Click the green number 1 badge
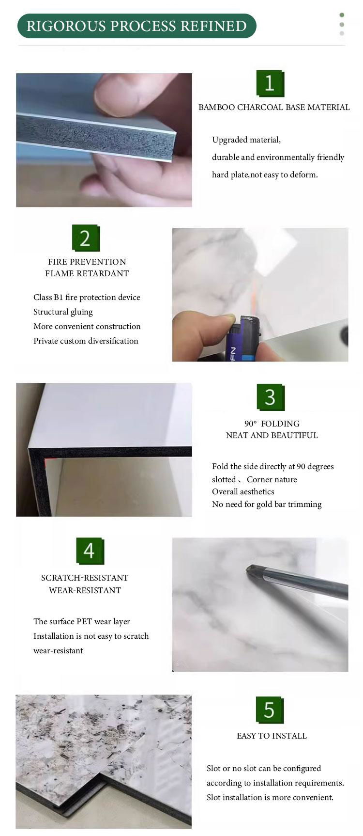tap(270, 84)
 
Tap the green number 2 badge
tap(85, 238)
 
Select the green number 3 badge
tap(270, 397)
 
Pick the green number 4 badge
tap(90, 551)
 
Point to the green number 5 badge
tap(269, 710)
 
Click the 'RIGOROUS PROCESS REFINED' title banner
tap(136, 26)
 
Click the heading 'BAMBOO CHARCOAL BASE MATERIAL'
tap(274, 107)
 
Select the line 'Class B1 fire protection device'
tap(87, 297)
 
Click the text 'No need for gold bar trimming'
tap(267, 504)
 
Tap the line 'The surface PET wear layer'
tap(81, 621)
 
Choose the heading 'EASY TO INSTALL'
tap(272, 736)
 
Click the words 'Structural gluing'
tap(63, 312)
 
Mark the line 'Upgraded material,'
tap(246, 140)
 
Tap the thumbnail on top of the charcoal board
tap(121, 92)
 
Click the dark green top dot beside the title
tap(342, 15)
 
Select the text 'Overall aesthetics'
tap(243, 491)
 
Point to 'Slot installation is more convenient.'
tap(270, 797)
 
